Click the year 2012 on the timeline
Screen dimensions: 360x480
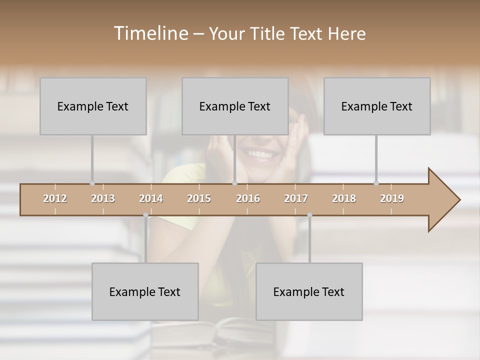55,198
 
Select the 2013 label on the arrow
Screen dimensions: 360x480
103,198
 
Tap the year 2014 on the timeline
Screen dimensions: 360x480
151,198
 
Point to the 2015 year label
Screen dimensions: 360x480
199,198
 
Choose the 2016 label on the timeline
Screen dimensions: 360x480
248,198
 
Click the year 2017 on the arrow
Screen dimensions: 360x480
296,198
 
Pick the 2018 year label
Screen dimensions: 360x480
344,198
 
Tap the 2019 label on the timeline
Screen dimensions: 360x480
392,198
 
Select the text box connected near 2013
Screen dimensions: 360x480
93,106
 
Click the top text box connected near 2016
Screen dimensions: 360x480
235,106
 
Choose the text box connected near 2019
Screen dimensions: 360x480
377,106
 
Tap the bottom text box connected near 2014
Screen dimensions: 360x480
145,291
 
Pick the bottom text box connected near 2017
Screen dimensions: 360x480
309,291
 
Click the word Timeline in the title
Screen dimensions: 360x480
150,33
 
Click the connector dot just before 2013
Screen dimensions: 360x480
92,183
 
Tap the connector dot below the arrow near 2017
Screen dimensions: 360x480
309,215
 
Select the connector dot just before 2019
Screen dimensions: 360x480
376,183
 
